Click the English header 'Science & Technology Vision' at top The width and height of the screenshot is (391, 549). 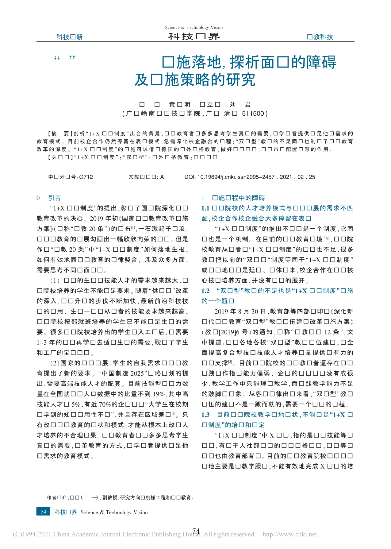coord(194,27)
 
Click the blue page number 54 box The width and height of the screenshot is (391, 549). coord(43,512)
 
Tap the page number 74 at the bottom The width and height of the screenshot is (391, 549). coord(196,531)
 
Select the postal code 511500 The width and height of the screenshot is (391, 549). coord(253,114)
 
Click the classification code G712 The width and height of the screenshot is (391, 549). coord(86,177)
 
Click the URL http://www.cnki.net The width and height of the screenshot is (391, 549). coord(289,534)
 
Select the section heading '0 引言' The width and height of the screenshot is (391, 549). coord(49,198)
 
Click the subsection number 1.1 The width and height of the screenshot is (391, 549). coord(205,208)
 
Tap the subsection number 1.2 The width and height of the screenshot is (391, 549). coord(205,291)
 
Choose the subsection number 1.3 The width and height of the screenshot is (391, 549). coord(205,415)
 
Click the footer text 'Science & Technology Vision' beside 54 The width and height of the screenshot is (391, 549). coord(114,512)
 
